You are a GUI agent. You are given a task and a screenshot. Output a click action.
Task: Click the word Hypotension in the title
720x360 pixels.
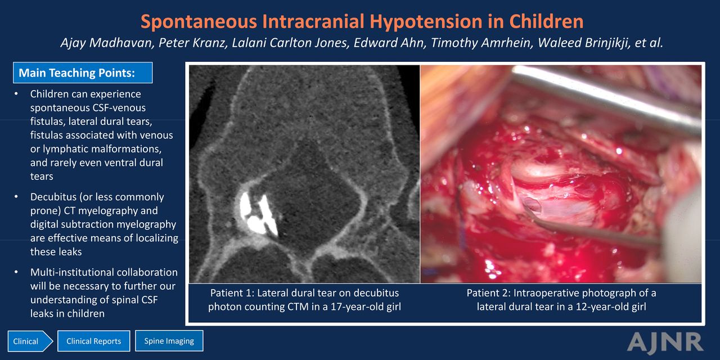[426, 22]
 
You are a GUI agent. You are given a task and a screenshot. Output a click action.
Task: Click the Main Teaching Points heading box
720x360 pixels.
[83, 73]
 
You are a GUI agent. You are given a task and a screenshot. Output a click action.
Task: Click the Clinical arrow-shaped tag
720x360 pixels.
[30, 341]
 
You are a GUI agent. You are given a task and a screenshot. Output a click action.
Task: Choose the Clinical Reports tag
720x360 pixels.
[94, 341]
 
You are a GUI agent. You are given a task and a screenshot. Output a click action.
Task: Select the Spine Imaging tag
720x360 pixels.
[169, 341]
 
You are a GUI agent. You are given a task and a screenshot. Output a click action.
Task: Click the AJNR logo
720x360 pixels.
[665, 342]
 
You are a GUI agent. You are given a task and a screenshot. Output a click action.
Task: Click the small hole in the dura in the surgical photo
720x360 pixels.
[532, 204]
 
